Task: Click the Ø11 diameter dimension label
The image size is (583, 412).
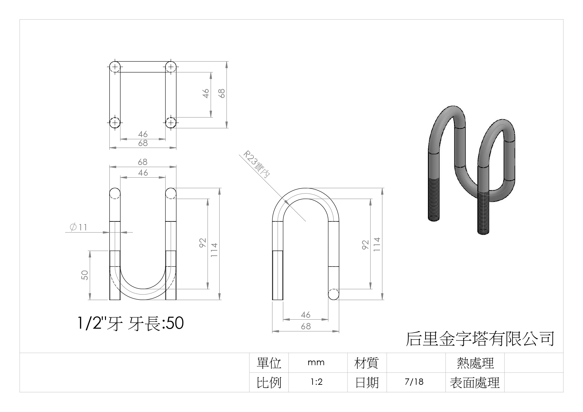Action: [79, 227]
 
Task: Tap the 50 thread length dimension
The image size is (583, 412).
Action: [85, 275]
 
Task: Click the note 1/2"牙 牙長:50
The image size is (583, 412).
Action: [130, 323]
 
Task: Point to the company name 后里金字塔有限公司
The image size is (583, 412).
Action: [480, 339]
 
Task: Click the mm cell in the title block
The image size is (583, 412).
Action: [316, 363]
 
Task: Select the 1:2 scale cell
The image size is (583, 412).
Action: [316, 382]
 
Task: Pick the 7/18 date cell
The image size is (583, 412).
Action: [414, 382]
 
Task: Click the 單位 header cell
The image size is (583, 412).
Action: [269, 363]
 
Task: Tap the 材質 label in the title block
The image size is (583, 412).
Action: [366, 363]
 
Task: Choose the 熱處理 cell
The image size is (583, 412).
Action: [475, 363]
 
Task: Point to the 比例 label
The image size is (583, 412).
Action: [269, 382]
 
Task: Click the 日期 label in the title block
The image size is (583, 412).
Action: [367, 382]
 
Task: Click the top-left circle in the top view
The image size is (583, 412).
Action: [115, 67]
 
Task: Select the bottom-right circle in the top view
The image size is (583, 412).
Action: [171, 123]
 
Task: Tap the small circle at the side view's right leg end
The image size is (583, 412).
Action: [334, 294]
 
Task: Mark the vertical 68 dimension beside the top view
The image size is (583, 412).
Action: [222, 93]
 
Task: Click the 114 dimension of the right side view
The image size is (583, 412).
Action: [377, 244]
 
